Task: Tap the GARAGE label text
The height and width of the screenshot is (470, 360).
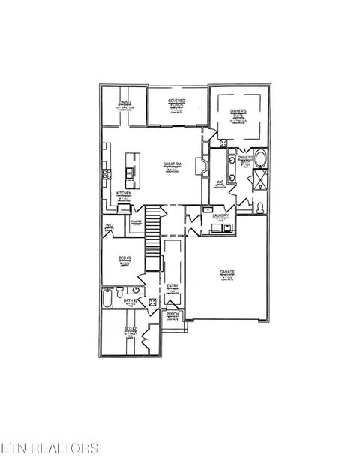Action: tap(227, 272)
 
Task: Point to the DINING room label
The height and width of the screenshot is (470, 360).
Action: tap(125, 103)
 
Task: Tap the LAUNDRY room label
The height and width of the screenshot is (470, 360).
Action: tap(220, 215)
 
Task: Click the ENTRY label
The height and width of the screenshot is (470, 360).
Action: tap(172, 286)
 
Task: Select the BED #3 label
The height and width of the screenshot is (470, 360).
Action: tap(124, 259)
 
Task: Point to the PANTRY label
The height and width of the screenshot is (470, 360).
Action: tap(136, 221)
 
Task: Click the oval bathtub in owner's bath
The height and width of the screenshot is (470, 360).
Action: tap(260, 160)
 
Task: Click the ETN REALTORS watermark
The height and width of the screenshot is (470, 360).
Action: tap(49, 449)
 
